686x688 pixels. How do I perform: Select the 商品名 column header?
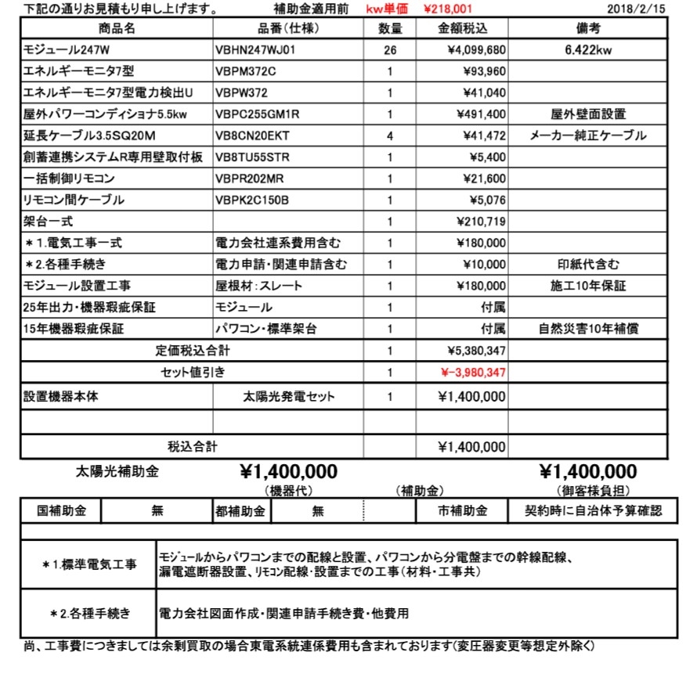(x=117, y=29)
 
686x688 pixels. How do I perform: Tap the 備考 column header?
(x=587, y=29)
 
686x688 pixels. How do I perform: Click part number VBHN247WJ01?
(x=256, y=50)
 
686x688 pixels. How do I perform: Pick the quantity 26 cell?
(x=390, y=50)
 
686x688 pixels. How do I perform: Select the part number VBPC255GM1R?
(x=257, y=114)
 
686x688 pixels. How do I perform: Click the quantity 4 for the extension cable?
(x=390, y=135)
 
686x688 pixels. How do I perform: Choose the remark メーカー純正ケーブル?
(x=588, y=135)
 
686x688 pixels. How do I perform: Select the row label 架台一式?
(x=49, y=222)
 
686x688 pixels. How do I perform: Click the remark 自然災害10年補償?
(x=588, y=329)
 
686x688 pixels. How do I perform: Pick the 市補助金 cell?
(x=462, y=511)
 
